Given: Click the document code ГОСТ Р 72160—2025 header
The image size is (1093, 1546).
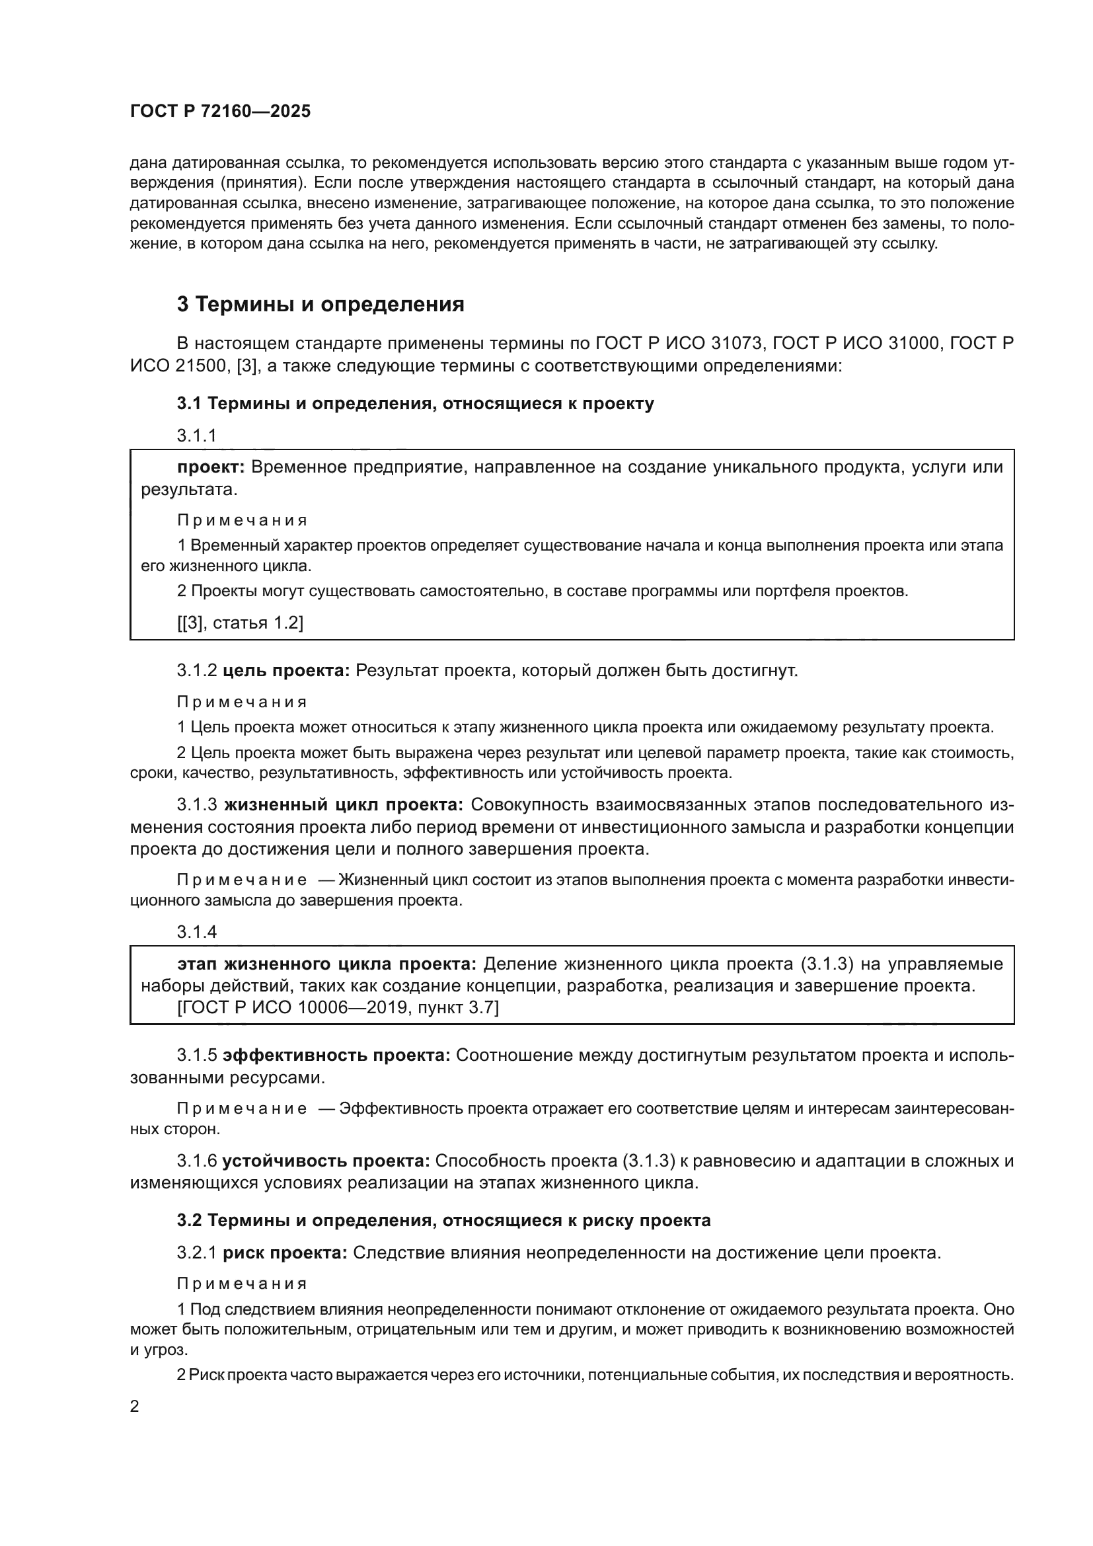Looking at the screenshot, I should tap(220, 112).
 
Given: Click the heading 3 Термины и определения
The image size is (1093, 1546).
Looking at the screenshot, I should tap(320, 304).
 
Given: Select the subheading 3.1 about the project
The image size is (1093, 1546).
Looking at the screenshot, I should tap(415, 403).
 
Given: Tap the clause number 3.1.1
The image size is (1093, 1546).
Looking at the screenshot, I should tap(196, 436).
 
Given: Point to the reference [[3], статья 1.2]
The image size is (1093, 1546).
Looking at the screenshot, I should tap(241, 623).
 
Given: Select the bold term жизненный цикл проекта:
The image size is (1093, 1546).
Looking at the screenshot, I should tap(343, 805).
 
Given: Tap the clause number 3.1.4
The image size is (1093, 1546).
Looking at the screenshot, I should tap(196, 932).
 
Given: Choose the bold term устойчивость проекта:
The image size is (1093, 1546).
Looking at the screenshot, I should tap(326, 1161).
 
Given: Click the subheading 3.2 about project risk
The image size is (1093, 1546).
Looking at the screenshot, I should tap(443, 1220).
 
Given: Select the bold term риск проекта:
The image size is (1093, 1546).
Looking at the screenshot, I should tap(285, 1253).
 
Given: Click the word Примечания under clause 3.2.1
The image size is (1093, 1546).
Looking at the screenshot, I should tap(242, 1284).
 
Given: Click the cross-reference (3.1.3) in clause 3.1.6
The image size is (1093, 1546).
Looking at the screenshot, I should tap(650, 1161).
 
